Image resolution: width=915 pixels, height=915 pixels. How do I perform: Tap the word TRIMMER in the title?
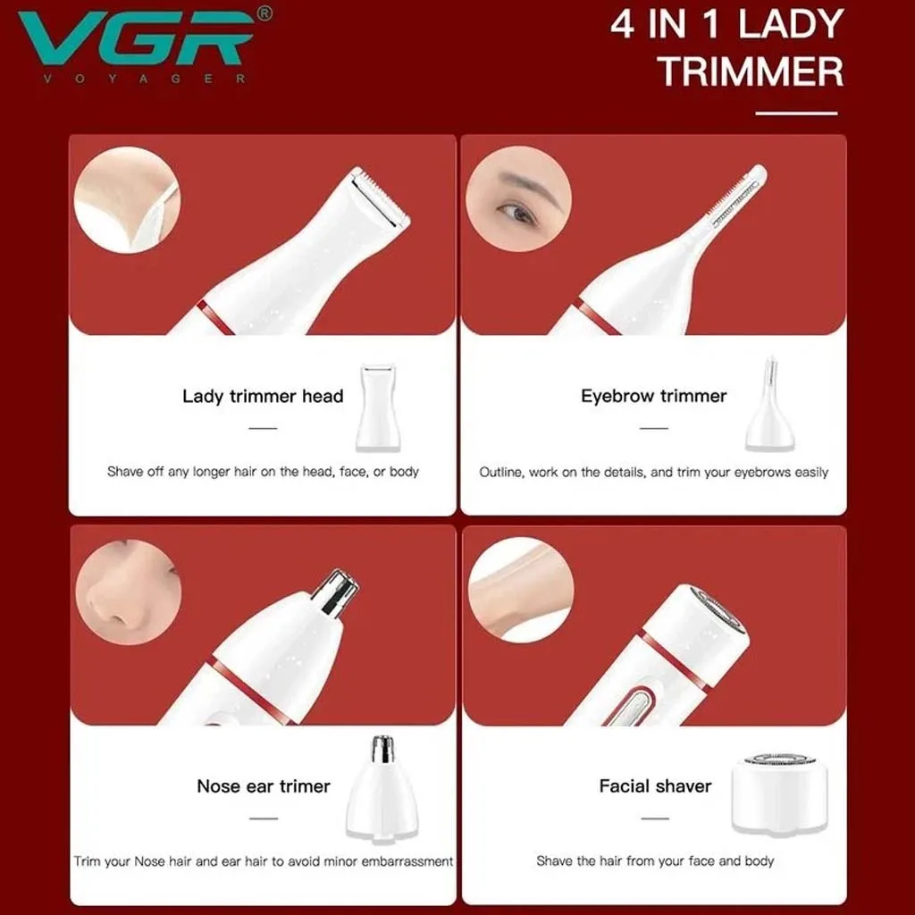751,71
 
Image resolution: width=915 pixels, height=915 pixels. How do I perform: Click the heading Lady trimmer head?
263,396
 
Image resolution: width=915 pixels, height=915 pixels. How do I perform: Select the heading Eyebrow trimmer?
653,396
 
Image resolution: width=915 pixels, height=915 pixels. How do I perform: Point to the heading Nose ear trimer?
264,786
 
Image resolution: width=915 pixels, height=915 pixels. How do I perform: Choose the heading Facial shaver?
655,786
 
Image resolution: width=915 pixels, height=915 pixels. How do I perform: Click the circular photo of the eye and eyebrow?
518,199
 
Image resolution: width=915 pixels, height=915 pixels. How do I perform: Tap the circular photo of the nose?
129,592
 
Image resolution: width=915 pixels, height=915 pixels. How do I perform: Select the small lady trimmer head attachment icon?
378,407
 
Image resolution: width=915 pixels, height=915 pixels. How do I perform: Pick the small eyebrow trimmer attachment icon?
770,404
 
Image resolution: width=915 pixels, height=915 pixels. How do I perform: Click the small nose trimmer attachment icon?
382,788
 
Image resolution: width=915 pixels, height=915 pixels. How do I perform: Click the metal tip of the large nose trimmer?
336,592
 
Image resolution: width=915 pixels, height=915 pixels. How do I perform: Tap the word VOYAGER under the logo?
144,79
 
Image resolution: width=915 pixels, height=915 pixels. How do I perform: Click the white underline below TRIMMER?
796,113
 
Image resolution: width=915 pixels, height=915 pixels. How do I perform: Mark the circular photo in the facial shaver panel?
521,590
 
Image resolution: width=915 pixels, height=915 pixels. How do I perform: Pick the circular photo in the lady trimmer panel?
127,199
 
